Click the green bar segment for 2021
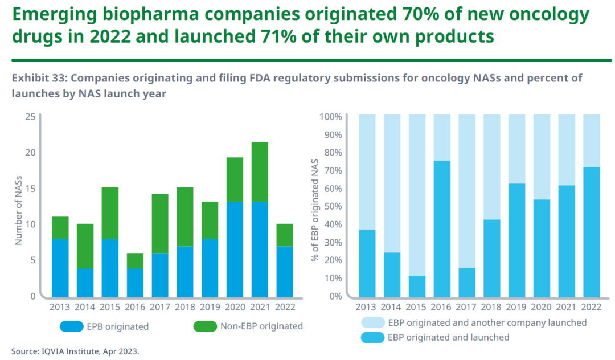[x=260, y=172]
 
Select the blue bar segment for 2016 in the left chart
[x=135, y=282]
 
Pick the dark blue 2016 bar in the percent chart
[x=442, y=228]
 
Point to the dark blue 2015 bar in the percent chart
[x=417, y=286]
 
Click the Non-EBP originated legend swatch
[x=205, y=326]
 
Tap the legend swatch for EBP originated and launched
[x=372, y=337]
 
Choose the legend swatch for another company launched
[x=372, y=323]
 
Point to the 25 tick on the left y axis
[x=30, y=117]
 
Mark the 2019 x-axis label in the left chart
[x=210, y=308]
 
